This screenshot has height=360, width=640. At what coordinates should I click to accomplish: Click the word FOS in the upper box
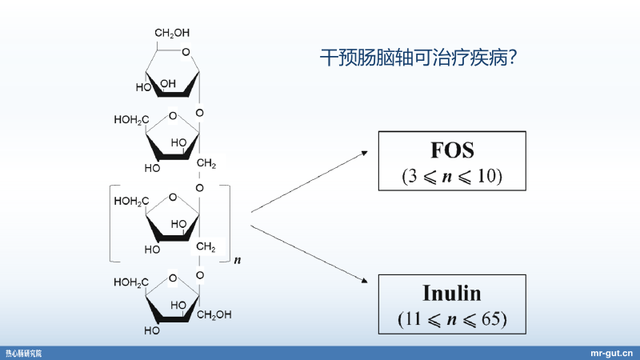pos(451,150)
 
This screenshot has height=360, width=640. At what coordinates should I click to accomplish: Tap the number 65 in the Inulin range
pos(490,318)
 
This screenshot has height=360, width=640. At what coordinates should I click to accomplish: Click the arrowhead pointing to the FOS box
pos(364,152)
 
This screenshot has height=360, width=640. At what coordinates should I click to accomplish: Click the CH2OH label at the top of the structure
pos(172,33)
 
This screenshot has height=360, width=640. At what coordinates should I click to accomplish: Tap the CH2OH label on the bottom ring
pos(214,314)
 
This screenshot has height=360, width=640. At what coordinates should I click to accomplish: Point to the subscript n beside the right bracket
pos(237,262)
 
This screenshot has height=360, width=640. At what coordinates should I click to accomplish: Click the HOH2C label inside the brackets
pos(130,202)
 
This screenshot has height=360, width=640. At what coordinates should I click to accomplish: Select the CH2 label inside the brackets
pos(206,246)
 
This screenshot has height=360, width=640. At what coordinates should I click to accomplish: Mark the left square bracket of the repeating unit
pos(112,223)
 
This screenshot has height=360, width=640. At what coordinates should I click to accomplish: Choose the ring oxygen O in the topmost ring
pos(186,54)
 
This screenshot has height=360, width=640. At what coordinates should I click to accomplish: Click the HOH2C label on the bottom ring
pos(130,282)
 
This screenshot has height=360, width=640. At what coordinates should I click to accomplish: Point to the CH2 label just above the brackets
pos(206,164)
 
